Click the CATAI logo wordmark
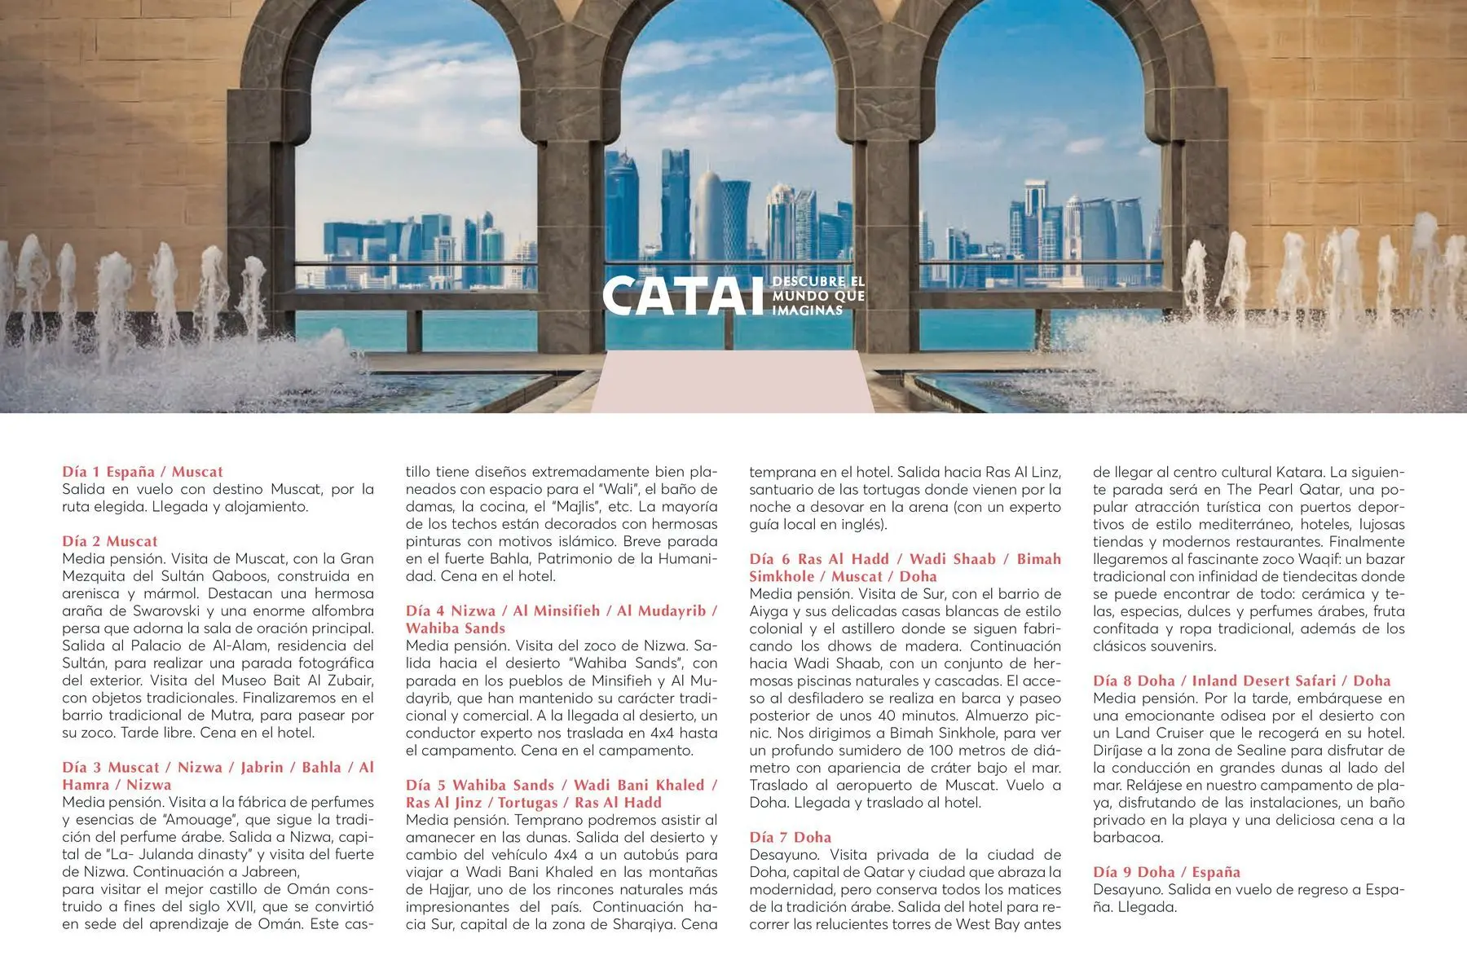coord(685,296)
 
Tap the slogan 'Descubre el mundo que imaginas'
coord(817,296)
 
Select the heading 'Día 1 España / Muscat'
coord(143,472)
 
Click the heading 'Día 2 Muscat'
coord(110,541)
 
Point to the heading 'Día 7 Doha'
coord(791,837)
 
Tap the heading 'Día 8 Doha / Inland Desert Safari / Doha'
coord(1241,681)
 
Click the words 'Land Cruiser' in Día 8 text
coord(1159,733)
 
